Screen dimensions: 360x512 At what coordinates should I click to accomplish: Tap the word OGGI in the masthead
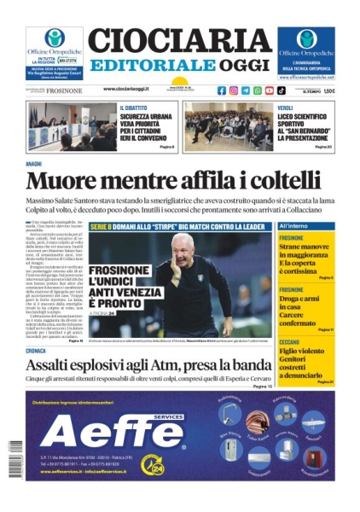point(243,66)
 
